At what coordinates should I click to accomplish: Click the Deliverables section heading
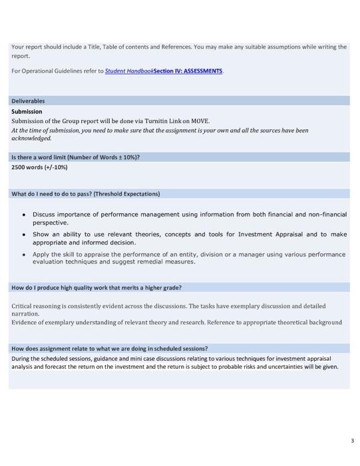(x=28, y=101)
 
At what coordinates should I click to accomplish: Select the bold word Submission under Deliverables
(x=27, y=111)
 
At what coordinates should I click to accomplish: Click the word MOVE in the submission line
(x=200, y=121)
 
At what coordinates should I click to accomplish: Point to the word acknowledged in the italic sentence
(x=31, y=138)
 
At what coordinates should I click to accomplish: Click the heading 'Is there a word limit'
(x=75, y=157)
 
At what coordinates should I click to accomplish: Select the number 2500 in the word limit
(x=18, y=167)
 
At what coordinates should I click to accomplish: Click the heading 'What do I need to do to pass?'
(x=85, y=194)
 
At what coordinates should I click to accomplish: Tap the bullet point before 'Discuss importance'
(x=24, y=214)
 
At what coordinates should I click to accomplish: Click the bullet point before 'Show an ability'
(x=24, y=234)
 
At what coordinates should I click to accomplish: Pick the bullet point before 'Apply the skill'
(x=24, y=254)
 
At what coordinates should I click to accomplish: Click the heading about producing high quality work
(x=96, y=288)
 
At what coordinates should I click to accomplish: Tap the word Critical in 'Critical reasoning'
(x=24, y=306)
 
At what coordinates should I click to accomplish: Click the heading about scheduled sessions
(x=109, y=348)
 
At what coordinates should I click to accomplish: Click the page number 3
(x=352, y=441)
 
